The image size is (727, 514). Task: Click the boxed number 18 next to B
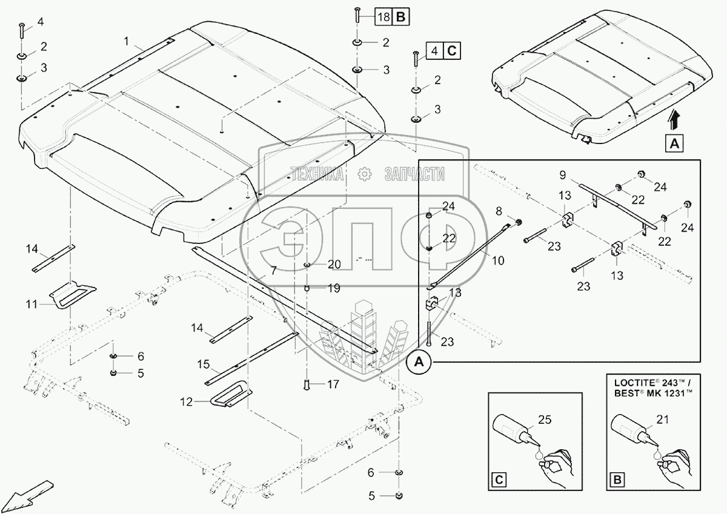pyautogui.click(x=383, y=17)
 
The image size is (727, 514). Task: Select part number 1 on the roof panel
pyautogui.click(x=126, y=41)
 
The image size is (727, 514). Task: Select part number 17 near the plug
pyautogui.click(x=333, y=384)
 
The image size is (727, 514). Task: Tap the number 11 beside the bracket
pyautogui.click(x=32, y=304)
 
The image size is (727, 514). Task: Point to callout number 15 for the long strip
pyautogui.click(x=203, y=364)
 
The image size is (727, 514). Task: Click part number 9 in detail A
pyautogui.click(x=563, y=176)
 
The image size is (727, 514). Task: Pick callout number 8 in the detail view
pyautogui.click(x=500, y=211)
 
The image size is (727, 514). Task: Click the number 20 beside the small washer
pyautogui.click(x=334, y=265)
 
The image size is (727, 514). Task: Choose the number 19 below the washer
pyautogui.click(x=333, y=289)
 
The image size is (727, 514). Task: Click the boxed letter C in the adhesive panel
pyautogui.click(x=499, y=481)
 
